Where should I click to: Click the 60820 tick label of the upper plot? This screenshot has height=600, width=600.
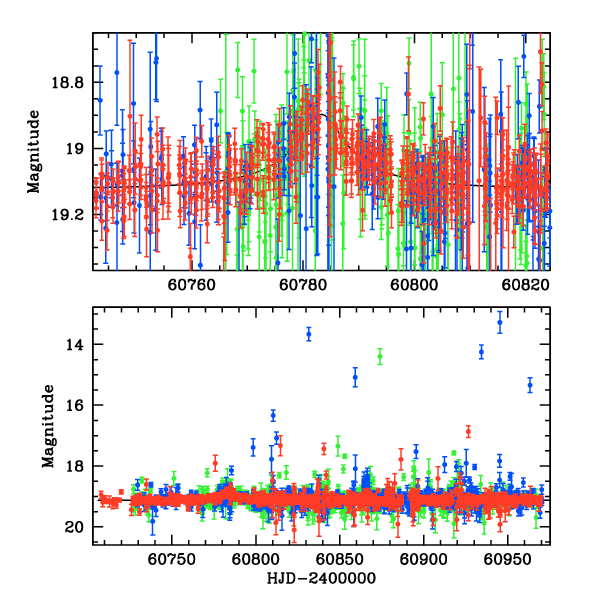524,284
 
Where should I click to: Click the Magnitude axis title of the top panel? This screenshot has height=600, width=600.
34,151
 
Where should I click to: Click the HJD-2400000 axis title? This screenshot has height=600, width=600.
319,579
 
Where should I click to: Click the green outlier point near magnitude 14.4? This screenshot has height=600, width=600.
380,356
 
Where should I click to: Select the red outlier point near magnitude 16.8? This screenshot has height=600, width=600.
468,431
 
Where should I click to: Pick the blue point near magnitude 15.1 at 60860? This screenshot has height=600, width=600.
355,376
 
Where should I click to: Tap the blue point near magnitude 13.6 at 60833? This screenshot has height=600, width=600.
309,333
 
